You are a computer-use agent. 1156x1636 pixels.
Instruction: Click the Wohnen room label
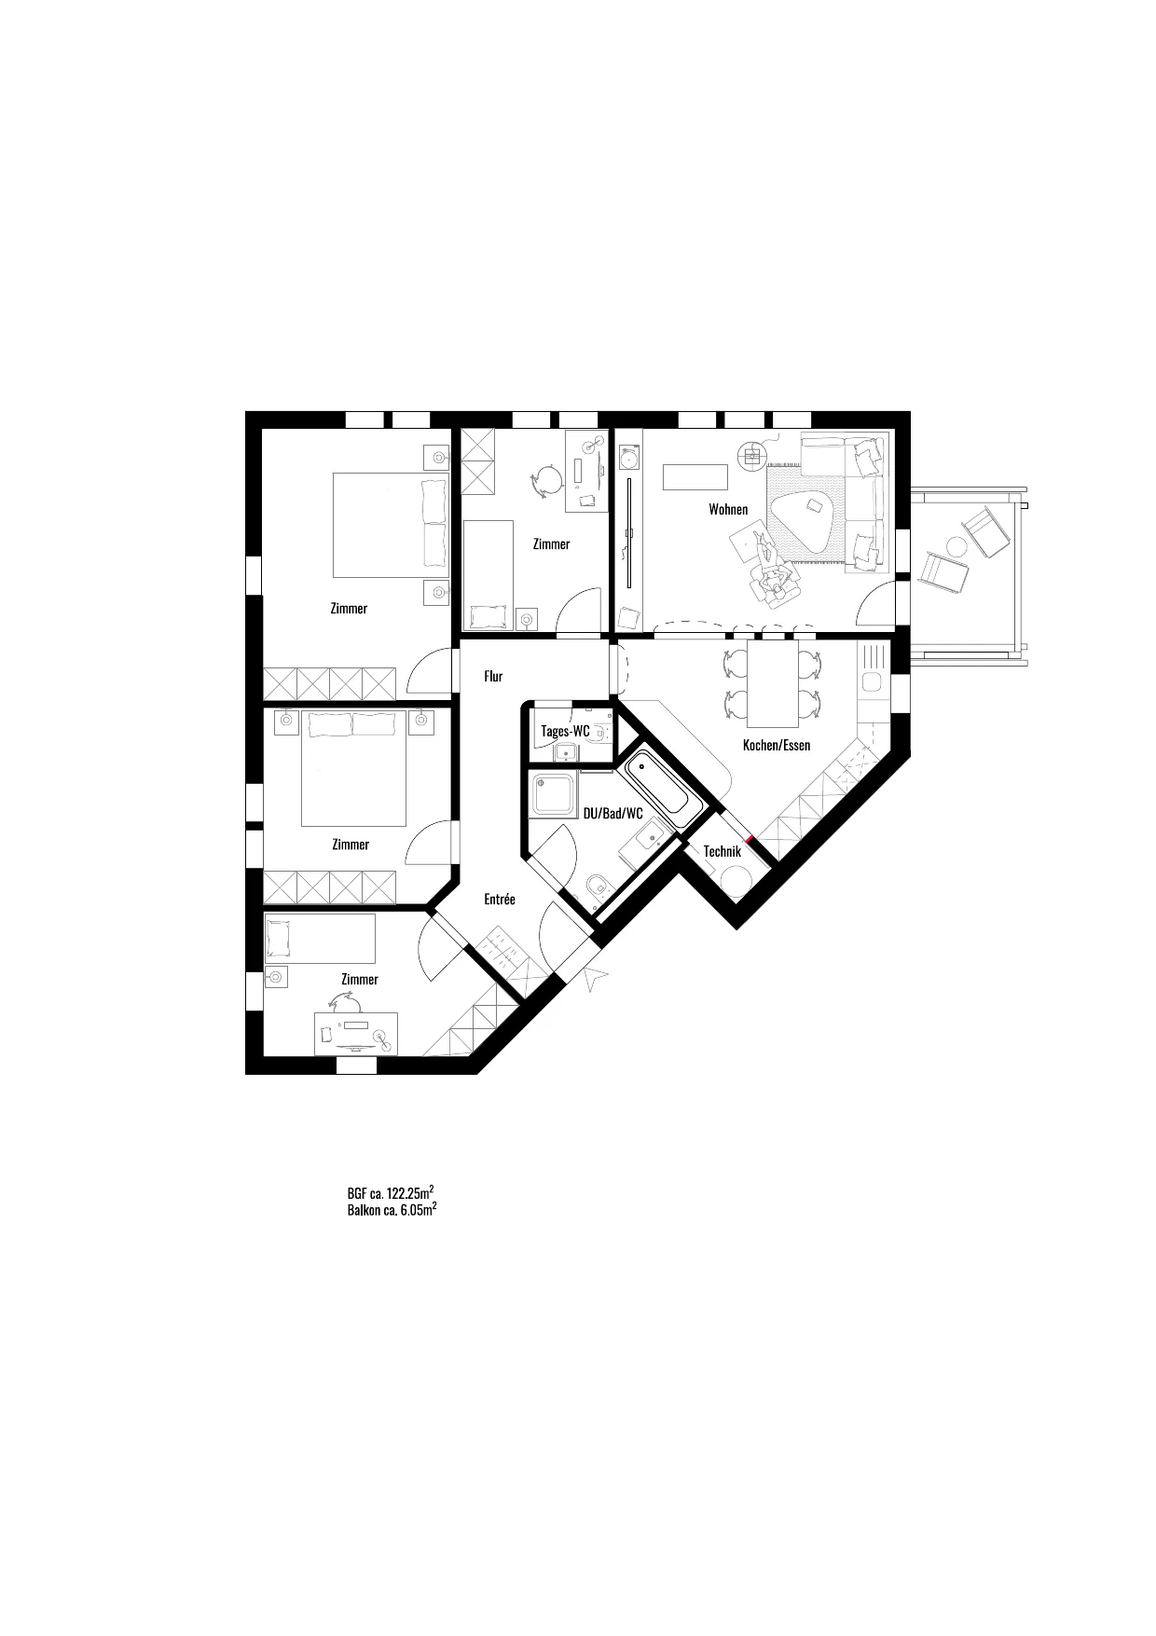coord(728,509)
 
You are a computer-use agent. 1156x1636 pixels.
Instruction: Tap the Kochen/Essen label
coord(777,745)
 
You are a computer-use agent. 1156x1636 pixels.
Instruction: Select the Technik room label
coord(722,851)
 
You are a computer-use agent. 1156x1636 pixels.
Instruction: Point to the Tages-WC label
coord(566,731)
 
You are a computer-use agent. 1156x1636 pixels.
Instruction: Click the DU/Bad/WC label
coord(613,813)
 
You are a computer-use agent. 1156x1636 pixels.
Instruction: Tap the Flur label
coord(493,676)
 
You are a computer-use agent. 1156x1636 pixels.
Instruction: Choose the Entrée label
coord(500,900)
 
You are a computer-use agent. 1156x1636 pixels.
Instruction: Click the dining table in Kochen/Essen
coord(772,683)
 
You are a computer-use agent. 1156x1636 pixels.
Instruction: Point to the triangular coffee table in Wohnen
coord(805,520)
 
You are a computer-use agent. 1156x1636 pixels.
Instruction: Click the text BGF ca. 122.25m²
coord(391,1192)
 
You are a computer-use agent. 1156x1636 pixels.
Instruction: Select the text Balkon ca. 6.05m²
coord(392,1210)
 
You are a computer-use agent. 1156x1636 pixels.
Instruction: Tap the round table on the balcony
coord(956,546)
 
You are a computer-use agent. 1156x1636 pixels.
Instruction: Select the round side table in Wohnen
coord(751,456)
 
